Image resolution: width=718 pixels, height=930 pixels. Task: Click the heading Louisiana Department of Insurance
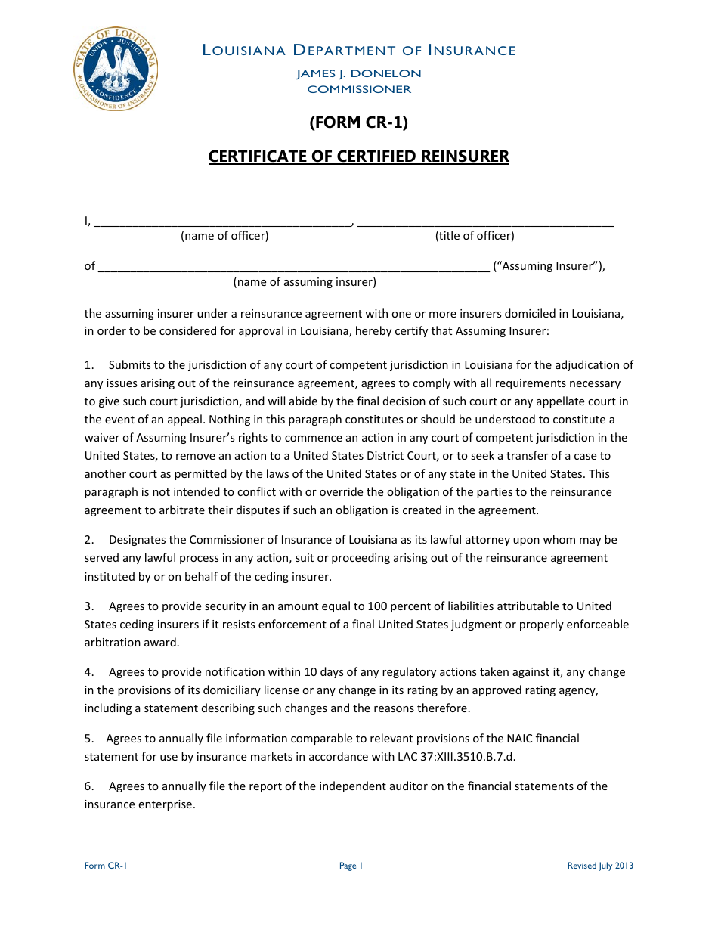pos(359,51)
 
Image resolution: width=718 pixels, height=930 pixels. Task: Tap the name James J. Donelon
pos(359,74)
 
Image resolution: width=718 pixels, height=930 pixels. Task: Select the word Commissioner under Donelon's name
pos(359,89)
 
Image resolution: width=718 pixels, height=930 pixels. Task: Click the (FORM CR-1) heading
pos(359,122)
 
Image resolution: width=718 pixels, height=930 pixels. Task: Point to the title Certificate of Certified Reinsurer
pos(359,157)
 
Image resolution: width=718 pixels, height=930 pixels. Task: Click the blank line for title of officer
pos(484,222)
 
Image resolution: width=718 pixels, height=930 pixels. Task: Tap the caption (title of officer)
pos(475,236)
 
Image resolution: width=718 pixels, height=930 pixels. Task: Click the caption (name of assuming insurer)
pos(305,282)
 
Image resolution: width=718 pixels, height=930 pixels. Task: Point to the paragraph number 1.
pos(88,365)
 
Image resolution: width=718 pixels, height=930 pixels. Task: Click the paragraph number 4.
pos(88,672)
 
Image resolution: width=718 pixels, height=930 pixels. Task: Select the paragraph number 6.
pos(88,786)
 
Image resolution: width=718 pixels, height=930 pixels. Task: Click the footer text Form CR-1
pos(106,866)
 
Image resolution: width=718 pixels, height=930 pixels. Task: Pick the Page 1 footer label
pos(351,866)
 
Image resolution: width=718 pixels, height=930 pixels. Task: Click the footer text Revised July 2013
pos(600,866)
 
